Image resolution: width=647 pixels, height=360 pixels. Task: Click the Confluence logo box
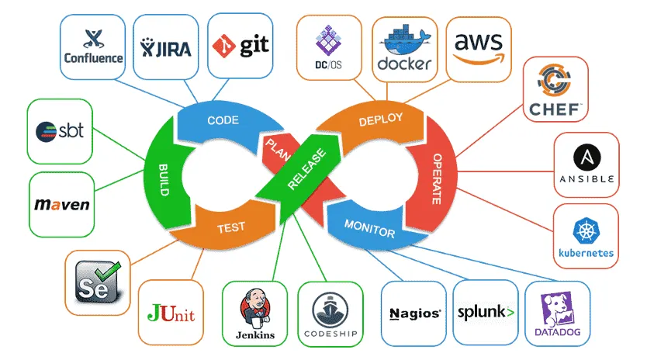coord(92,47)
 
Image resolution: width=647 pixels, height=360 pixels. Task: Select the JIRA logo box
coord(166,47)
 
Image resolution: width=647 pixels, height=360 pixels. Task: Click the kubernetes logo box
coord(586,237)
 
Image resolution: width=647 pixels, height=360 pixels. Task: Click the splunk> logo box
coord(486,313)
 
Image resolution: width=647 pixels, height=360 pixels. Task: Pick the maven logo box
coord(61,205)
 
